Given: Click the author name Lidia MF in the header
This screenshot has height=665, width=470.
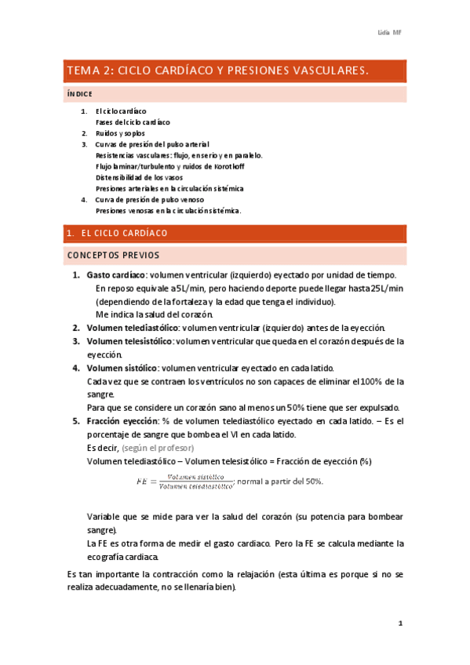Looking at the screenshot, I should [x=390, y=32].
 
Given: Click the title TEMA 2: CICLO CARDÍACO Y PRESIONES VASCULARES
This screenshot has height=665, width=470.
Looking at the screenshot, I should [x=217, y=71].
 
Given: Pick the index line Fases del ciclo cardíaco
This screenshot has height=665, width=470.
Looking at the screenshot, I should [x=132, y=122].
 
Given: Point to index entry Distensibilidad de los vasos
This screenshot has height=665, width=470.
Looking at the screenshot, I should [x=139, y=177].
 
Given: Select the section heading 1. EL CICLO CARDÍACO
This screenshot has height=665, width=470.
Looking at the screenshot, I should [x=117, y=234].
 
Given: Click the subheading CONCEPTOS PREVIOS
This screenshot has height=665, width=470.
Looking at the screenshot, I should [x=113, y=255].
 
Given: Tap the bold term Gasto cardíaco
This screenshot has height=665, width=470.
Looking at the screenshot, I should [x=115, y=274].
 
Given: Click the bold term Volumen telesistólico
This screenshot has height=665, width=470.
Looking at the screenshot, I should [x=129, y=341].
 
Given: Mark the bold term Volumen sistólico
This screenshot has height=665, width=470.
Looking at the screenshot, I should [x=122, y=368].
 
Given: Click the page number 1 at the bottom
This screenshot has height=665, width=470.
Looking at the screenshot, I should [x=400, y=623].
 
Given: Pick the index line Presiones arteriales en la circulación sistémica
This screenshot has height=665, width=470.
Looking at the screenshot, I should [x=169, y=188].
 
